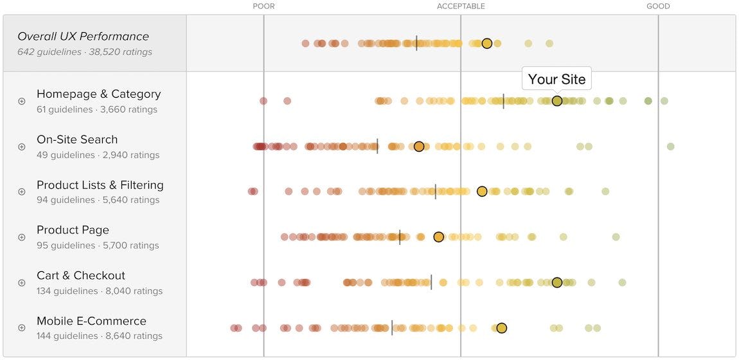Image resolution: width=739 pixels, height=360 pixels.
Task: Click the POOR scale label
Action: point(263,6)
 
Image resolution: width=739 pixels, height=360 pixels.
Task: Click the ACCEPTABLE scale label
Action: point(461,6)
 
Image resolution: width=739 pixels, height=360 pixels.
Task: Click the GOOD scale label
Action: point(658,6)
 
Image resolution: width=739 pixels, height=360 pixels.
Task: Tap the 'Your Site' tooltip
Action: point(556,79)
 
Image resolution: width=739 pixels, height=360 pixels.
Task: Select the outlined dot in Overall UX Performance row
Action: point(487,44)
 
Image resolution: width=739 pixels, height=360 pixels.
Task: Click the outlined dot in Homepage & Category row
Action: point(557,101)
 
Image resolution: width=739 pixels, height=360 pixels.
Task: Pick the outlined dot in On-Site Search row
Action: point(419,147)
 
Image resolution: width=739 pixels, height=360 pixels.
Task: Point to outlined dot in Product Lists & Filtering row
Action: point(482,192)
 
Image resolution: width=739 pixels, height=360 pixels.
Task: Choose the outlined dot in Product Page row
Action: point(439,237)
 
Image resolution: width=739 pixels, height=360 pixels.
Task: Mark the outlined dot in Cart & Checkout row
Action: point(557,282)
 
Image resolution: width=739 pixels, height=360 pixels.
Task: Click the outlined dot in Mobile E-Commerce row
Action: point(502,328)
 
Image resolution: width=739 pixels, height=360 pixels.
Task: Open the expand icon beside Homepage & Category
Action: point(22,101)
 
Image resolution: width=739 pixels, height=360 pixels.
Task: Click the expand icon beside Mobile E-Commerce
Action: point(22,328)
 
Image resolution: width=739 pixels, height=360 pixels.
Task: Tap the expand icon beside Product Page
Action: point(22,237)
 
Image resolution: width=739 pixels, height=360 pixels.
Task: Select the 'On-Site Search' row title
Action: point(77,139)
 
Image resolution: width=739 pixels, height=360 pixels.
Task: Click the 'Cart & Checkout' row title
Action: point(81,275)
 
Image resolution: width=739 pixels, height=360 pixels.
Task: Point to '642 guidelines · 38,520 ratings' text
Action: point(85,52)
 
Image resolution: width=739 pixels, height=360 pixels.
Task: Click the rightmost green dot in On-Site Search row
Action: point(671,147)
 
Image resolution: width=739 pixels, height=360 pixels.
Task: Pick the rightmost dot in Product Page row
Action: point(616,237)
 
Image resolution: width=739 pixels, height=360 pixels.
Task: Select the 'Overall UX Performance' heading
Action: point(83,37)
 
